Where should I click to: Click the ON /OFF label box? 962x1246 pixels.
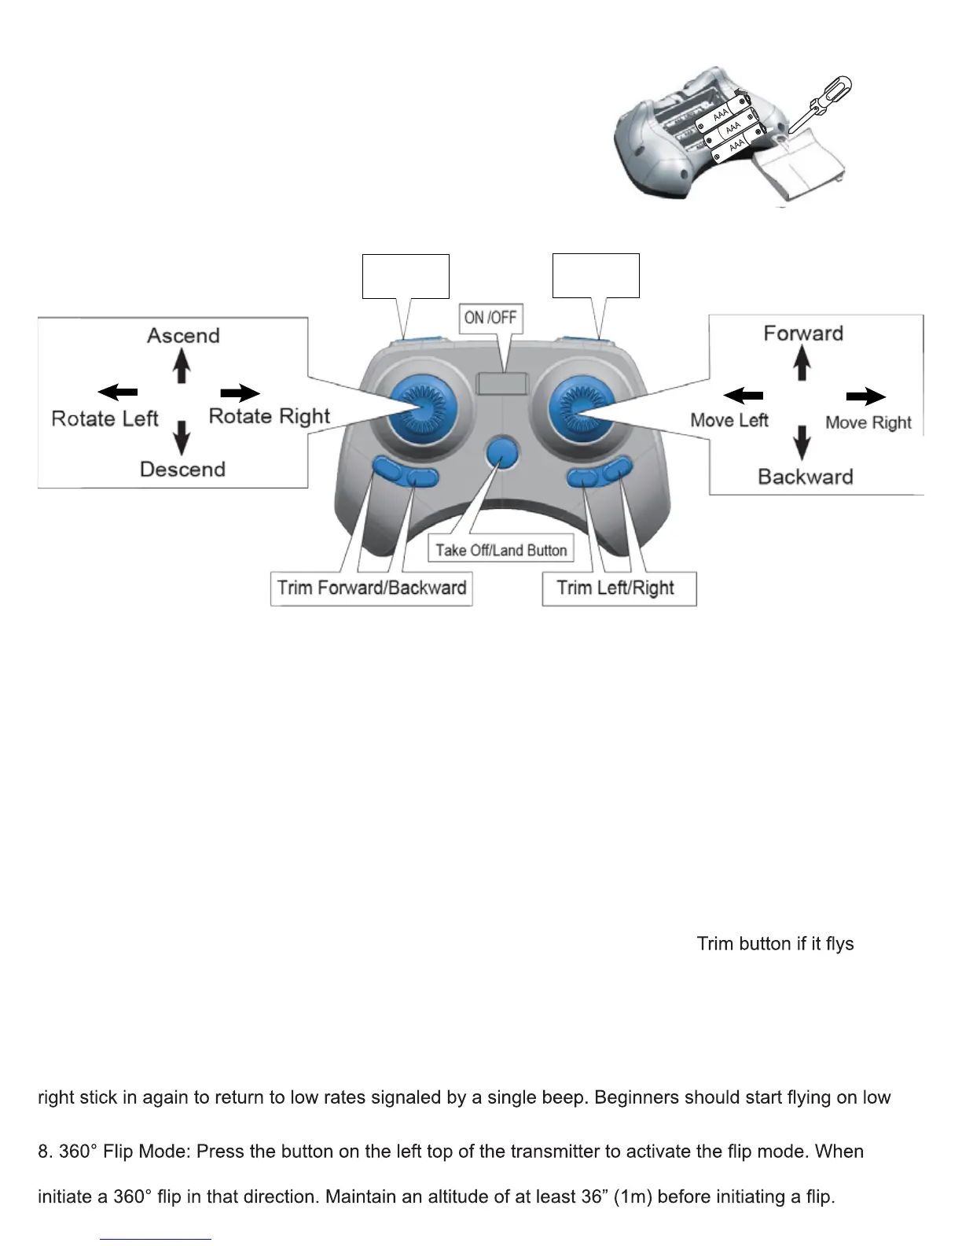[490, 318]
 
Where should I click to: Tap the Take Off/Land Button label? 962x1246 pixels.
[501, 550]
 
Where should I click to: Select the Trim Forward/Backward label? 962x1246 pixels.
[371, 588]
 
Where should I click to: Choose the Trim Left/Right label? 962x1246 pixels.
[616, 588]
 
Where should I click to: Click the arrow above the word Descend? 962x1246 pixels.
[182, 437]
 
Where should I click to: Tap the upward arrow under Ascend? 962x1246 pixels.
[182, 365]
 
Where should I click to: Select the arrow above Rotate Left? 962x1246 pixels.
[118, 392]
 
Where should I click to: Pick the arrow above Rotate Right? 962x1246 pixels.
[240, 393]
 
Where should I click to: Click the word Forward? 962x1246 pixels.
[803, 334]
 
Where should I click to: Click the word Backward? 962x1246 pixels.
[805, 477]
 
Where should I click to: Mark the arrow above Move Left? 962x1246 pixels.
[743, 395]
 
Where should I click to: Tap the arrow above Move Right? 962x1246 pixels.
[866, 397]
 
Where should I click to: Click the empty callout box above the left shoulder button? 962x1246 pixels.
[406, 276]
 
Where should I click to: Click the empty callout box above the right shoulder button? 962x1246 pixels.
[596, 276]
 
